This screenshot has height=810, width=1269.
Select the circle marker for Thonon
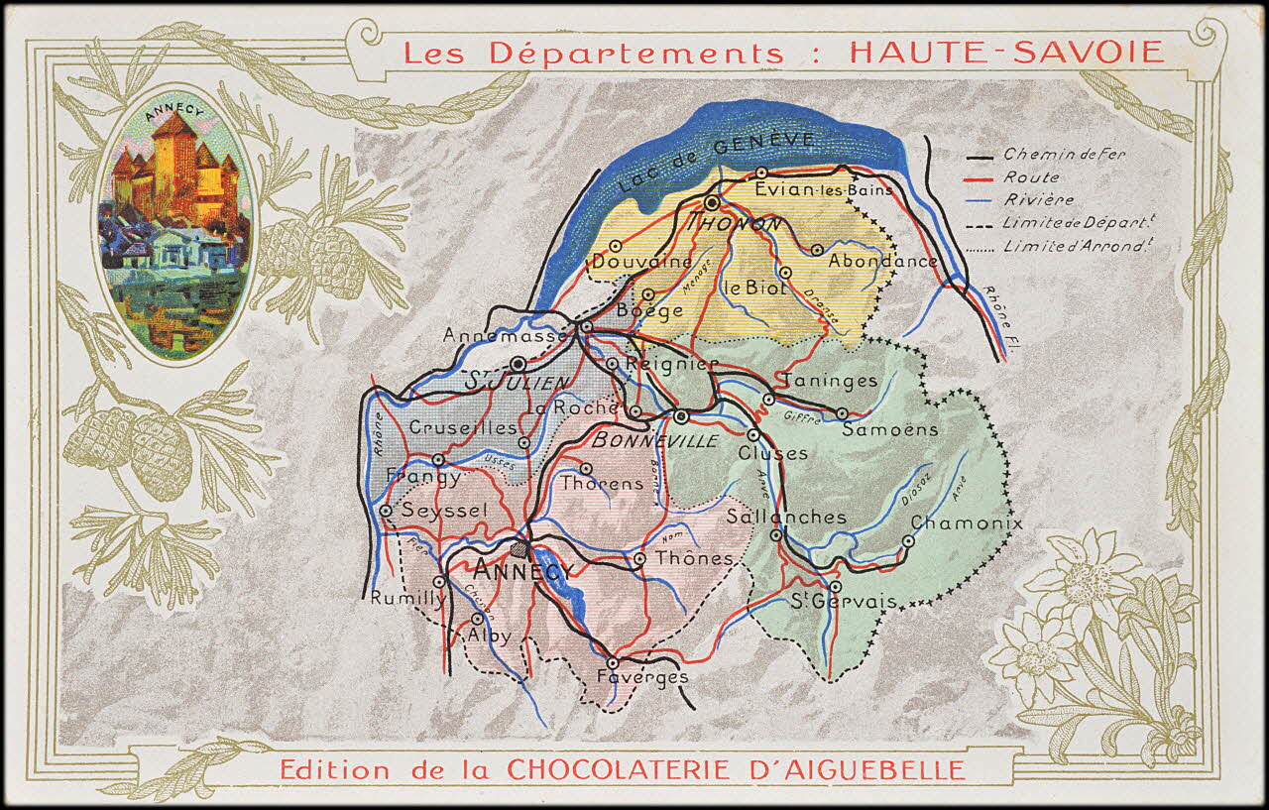click(712, 202)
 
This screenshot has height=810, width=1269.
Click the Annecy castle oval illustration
click(175, 225)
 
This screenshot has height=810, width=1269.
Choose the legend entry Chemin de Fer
click(1064, 155)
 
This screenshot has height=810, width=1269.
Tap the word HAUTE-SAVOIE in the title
click(1006, 53)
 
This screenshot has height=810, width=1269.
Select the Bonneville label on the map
click(654, 440)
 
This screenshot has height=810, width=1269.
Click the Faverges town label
click(641, 677)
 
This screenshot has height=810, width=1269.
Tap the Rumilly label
click(407, 598)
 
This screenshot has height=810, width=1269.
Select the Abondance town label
click(882, 262)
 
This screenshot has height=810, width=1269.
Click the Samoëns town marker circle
click(842, 413)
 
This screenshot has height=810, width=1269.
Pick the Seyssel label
click(444, 510)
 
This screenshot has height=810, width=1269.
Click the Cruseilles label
click(463, 428)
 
